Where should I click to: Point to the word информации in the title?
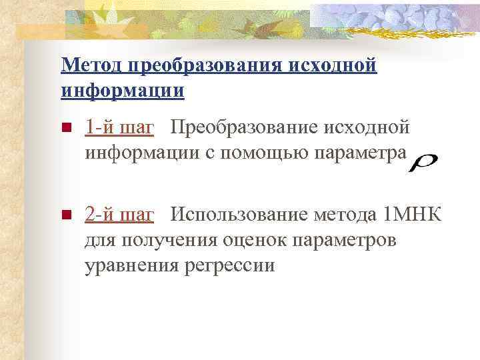tap(122, 90)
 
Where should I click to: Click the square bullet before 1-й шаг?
tap(65, 128)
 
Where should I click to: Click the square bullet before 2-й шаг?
tap(65, 215)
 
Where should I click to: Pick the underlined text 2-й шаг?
tap(119, 215)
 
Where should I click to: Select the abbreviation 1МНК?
tap(413, 215)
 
